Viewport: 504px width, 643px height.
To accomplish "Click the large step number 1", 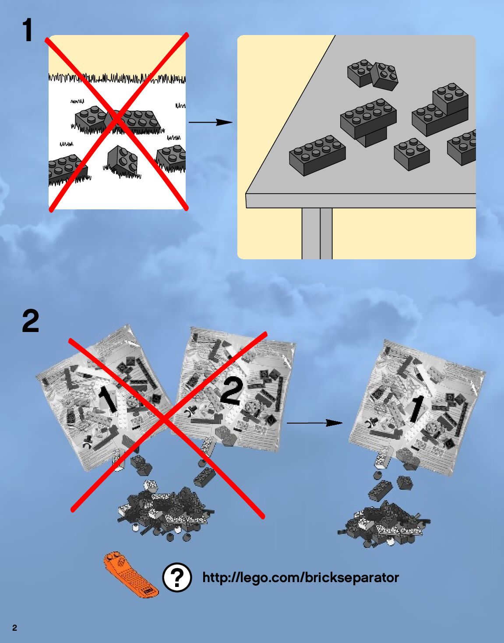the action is [x=28, y=30].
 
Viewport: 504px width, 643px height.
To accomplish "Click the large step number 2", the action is [x=30, y=321].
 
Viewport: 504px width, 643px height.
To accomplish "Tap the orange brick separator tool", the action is [x=130, y=574].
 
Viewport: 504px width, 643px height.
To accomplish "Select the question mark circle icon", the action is [x=177, y=578].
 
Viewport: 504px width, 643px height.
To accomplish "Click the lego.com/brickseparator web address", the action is [x=300, y=577].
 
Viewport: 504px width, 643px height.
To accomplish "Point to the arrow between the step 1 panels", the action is [x=210, y=122].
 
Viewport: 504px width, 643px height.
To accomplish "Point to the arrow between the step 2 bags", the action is [x=314, y=423].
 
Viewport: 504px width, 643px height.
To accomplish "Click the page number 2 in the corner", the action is [x=14, y=628].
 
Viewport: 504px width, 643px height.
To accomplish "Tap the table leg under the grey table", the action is [x=317, y=233].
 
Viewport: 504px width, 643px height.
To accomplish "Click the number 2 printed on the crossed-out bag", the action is [x=230, y=391].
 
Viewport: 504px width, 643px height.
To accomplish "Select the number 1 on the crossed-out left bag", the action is [x=107, y=399].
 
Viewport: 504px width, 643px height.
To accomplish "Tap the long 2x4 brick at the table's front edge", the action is [x=317, y=154].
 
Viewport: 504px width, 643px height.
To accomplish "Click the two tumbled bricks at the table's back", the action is [x=373, y=74].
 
